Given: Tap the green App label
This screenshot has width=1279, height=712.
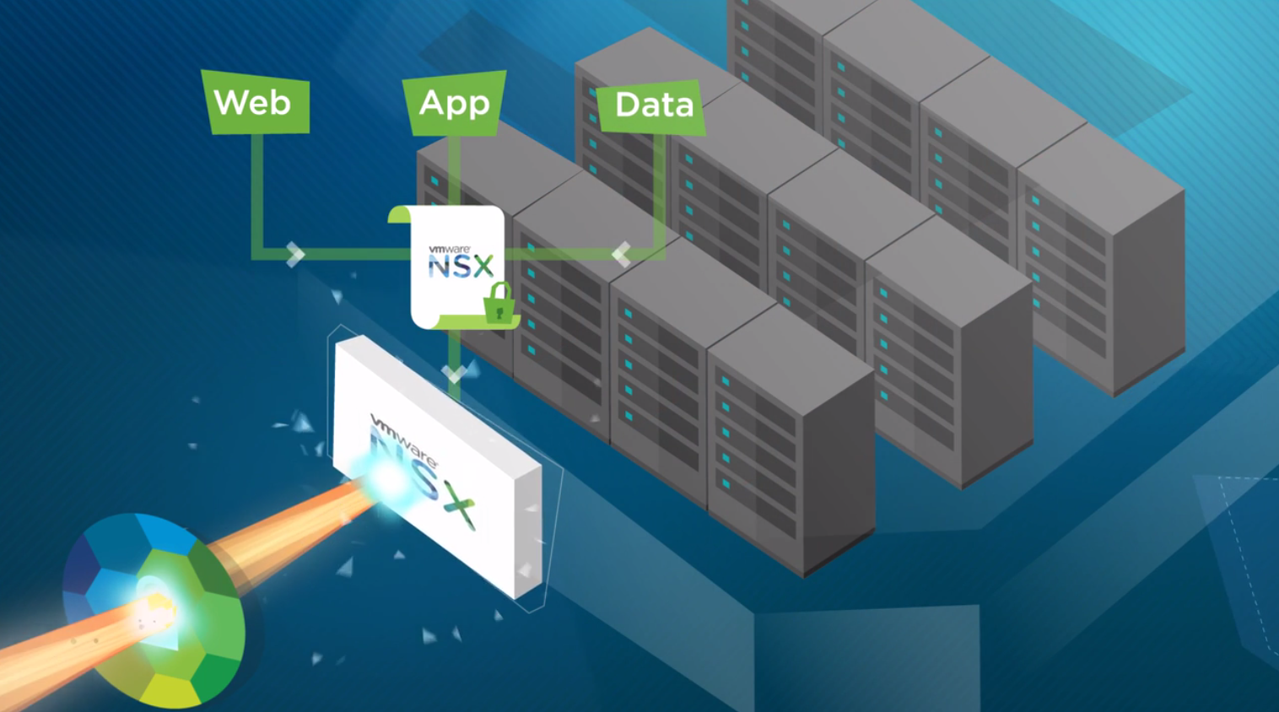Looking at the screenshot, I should (454, 103).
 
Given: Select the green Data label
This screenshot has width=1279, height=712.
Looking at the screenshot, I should (651, 106).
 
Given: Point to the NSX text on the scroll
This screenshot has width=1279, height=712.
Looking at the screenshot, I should (461, 267).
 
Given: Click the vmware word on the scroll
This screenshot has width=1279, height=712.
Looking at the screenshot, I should (449, 250).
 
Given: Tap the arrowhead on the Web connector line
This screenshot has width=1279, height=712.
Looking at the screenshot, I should (294, 254).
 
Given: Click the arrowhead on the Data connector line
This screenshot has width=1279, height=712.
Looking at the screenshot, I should (622, 253).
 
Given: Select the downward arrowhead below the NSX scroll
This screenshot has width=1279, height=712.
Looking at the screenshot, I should (454, 373).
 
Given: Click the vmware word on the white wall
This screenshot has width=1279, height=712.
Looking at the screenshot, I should (403, 440).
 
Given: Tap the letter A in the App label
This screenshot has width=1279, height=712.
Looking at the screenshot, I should (431, 103).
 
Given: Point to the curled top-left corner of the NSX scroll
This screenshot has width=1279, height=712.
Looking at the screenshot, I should (398, 214).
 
